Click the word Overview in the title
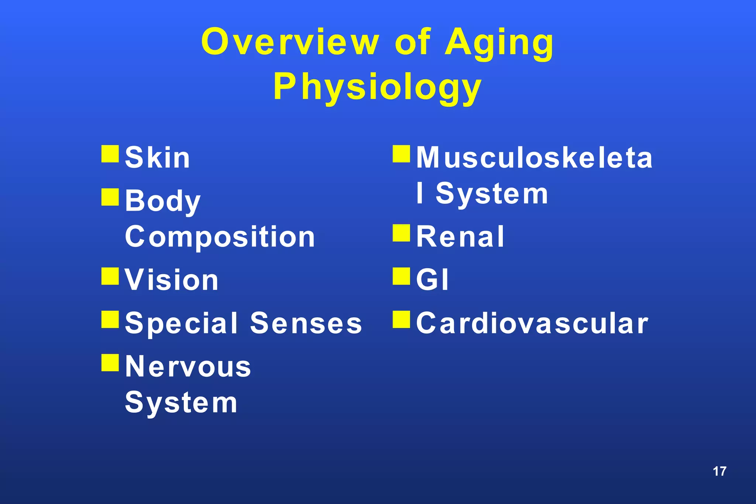(x=290, y=42)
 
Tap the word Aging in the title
(x=499, y=44)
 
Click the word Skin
(x=158, y=158)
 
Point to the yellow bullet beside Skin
(x=110, y=154)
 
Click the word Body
(x=163, y=201)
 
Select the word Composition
(x=220, y=237)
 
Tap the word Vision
(x=172, y=280)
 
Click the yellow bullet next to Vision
(x=110, y=276)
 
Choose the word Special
(x=181, y=323)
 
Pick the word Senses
(x=306, y=323)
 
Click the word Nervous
(x=188, y=367)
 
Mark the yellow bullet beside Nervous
(x=110, y=363)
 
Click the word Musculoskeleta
(x=534, y=158)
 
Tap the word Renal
(x=460, y=237)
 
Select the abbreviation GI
(x=432, y=280)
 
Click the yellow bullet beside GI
(x=401, y=276)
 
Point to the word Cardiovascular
(x=532, y=323)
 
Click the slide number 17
(x=719, y=471)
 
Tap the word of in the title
(x=412, y=42)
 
